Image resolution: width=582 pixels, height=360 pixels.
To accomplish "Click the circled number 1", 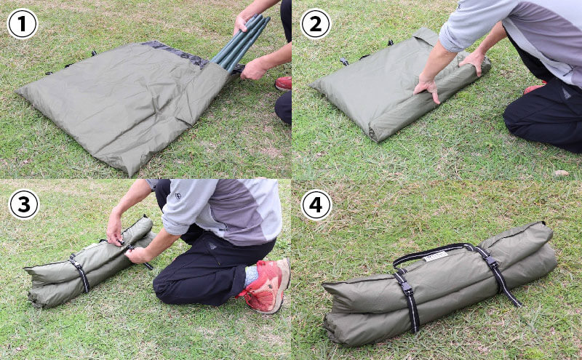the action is pos(23,24).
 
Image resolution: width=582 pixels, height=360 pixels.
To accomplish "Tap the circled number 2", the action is pos(316,24).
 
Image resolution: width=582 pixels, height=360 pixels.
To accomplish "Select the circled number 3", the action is pos(24,204).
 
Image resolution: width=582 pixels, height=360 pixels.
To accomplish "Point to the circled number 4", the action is pos(316,205).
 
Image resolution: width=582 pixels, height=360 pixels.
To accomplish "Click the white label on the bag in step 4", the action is pos(436,256).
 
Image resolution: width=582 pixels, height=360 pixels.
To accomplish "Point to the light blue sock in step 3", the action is pos(251,276).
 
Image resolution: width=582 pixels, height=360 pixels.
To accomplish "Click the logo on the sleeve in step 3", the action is pos(178,196).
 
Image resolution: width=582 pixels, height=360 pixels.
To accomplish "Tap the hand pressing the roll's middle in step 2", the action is pos(427,88).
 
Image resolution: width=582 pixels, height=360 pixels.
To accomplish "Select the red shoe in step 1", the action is pos(284,84).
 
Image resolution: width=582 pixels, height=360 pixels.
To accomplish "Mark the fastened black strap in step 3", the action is pos(81,273).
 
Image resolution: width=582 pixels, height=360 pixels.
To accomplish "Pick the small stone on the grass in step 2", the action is pos(561,172).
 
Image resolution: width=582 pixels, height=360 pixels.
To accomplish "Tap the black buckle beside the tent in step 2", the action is pos(344,61).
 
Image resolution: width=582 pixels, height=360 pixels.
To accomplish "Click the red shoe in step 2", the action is pos(533,88).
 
